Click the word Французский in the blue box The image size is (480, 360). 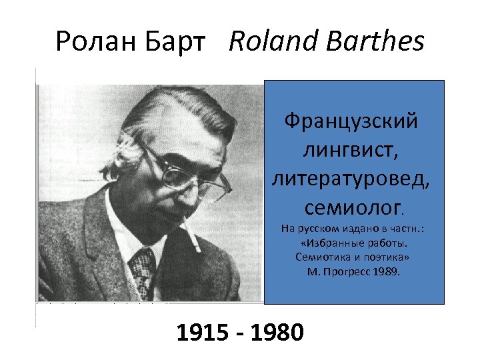tap(351, 121)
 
